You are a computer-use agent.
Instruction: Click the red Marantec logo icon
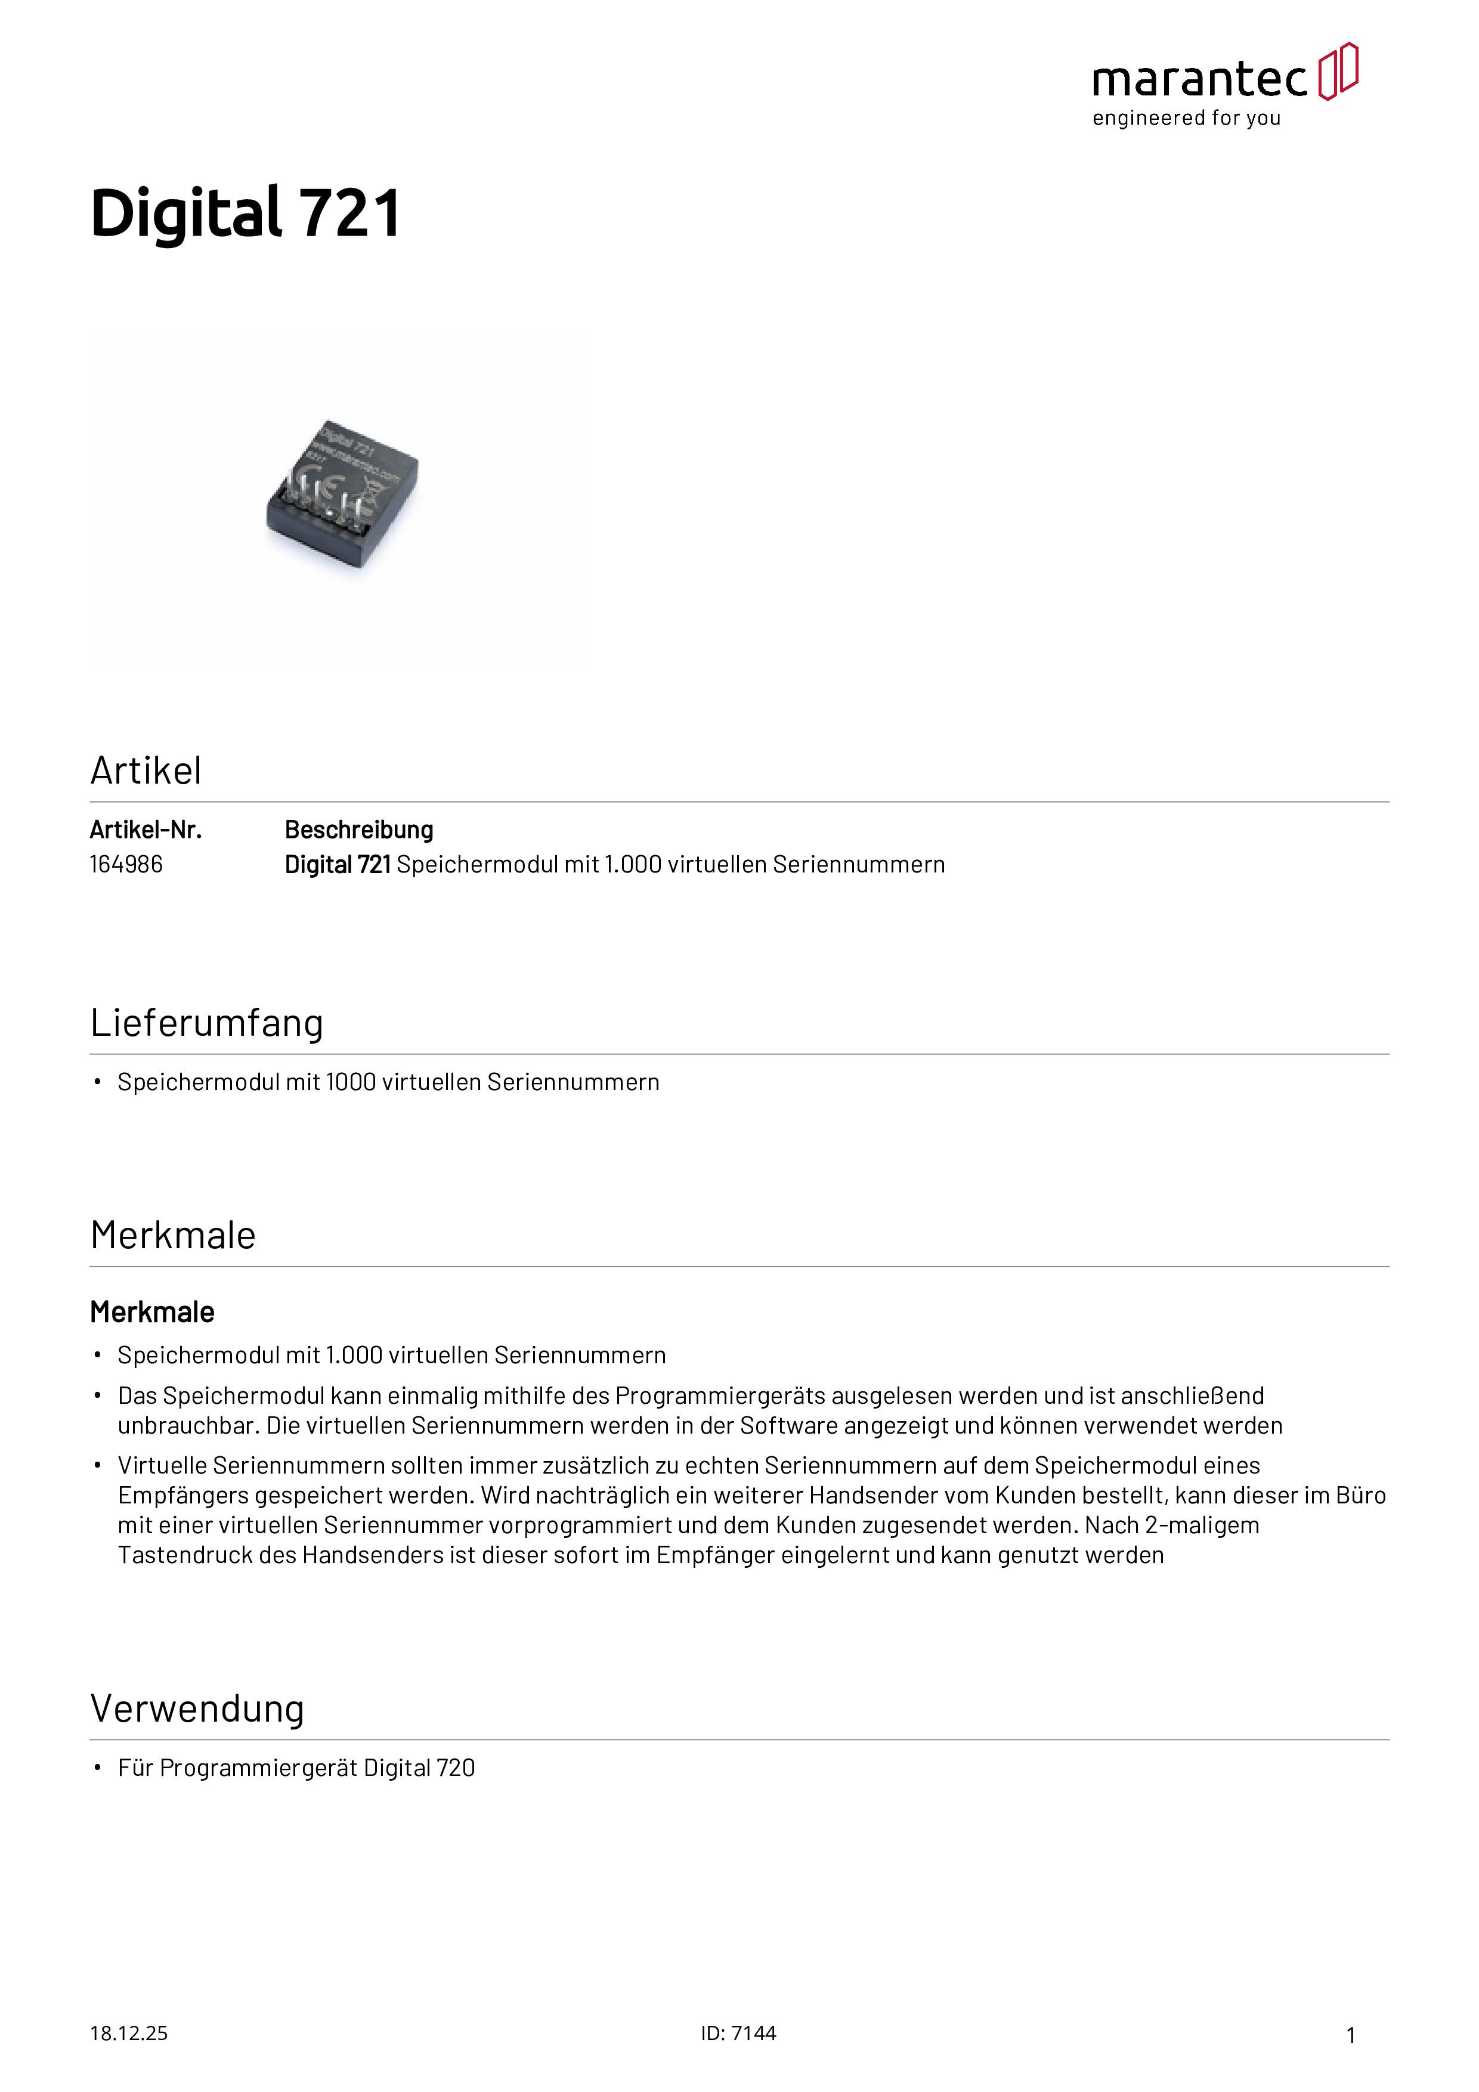point(1338,71)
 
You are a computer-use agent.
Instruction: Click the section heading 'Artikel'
point(146,771)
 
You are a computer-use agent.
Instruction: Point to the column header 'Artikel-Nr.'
point(146,830)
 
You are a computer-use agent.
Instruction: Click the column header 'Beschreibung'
point(359,830)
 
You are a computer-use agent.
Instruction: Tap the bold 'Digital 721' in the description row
point(337,865)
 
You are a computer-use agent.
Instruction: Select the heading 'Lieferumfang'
point(207,1023)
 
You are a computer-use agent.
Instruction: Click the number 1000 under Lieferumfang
point(351,1082)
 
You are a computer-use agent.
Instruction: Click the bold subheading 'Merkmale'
point(152,1313)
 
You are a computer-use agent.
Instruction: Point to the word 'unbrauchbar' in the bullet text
point(187,1426)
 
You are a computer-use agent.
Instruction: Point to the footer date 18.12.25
point(128,2034)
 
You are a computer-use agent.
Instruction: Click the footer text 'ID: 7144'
point(738,2034)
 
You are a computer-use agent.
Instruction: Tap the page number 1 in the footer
point(1351,2035)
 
